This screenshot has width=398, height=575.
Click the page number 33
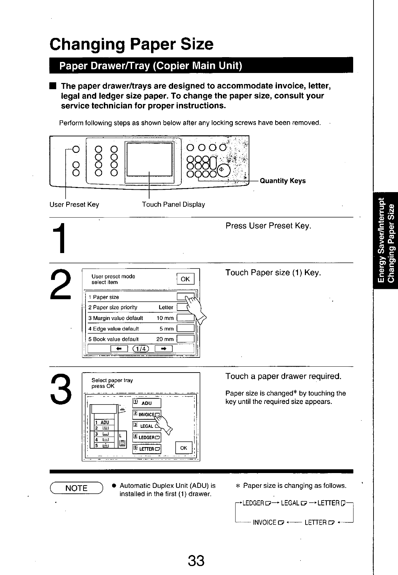click(x=196, y=561)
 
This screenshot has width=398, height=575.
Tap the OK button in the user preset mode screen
click(x=185, y=279)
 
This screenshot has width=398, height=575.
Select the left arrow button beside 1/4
click(x=119, y=348)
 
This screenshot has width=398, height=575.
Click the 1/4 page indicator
click(x=141, y=348)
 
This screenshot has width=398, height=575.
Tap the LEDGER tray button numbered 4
click(x=147, y=437)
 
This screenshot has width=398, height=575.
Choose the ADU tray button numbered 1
click(x=147, y=403)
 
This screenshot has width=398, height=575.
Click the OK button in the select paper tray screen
click(x=183, y=448)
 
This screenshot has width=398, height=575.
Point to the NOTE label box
click(x=76, y=488)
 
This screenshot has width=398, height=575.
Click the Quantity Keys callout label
click(x=283, y=181)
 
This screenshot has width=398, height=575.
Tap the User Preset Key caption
click(x=74, y=205)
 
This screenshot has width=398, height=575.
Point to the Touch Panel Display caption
click(x=173, y=205)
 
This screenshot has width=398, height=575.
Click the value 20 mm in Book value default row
click(x=165, y=339)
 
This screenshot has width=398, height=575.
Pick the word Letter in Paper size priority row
click(x=166, y=307)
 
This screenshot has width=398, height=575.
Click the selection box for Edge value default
click(x=186, y=328)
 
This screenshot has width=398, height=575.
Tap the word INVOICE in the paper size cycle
click(x=265, y=522)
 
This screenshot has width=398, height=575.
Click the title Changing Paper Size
click(x=131, y=44)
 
